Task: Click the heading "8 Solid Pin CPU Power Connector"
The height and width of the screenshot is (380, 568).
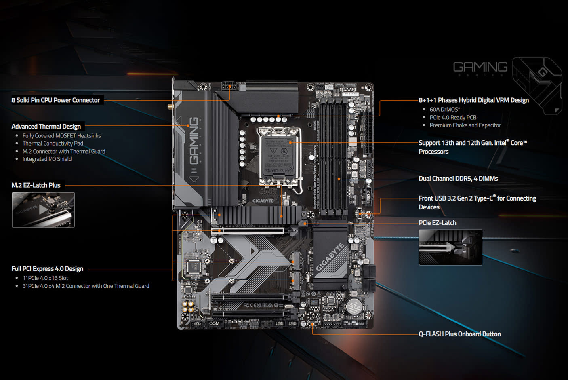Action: coord(55,100)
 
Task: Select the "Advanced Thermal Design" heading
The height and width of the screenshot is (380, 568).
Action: coord(46,127)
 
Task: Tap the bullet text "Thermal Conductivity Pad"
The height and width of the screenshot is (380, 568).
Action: coord(53,144)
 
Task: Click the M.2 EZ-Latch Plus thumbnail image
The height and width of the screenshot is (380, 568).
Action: coord(43,210)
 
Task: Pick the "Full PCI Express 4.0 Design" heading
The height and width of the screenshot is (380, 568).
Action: coord(47,269)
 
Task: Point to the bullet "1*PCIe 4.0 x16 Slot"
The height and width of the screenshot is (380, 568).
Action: coord(45,278)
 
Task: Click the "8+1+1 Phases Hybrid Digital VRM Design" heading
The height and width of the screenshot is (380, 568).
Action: coord(473,100)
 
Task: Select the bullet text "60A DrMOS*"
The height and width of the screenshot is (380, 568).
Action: coord(445,110)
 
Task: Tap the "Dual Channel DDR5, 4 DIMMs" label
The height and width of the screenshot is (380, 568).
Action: coord(458,179)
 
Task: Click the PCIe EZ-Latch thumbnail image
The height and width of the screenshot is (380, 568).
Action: coord(450,247)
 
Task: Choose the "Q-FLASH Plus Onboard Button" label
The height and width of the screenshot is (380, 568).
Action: coord(460,334)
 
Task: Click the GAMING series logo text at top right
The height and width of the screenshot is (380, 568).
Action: coord(480,67)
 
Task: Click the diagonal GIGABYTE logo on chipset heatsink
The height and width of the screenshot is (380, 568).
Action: coord(330,257)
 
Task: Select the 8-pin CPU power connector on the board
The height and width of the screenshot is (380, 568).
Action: coord(229,86)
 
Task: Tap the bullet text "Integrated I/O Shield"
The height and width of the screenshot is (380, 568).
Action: coord(47,159)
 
